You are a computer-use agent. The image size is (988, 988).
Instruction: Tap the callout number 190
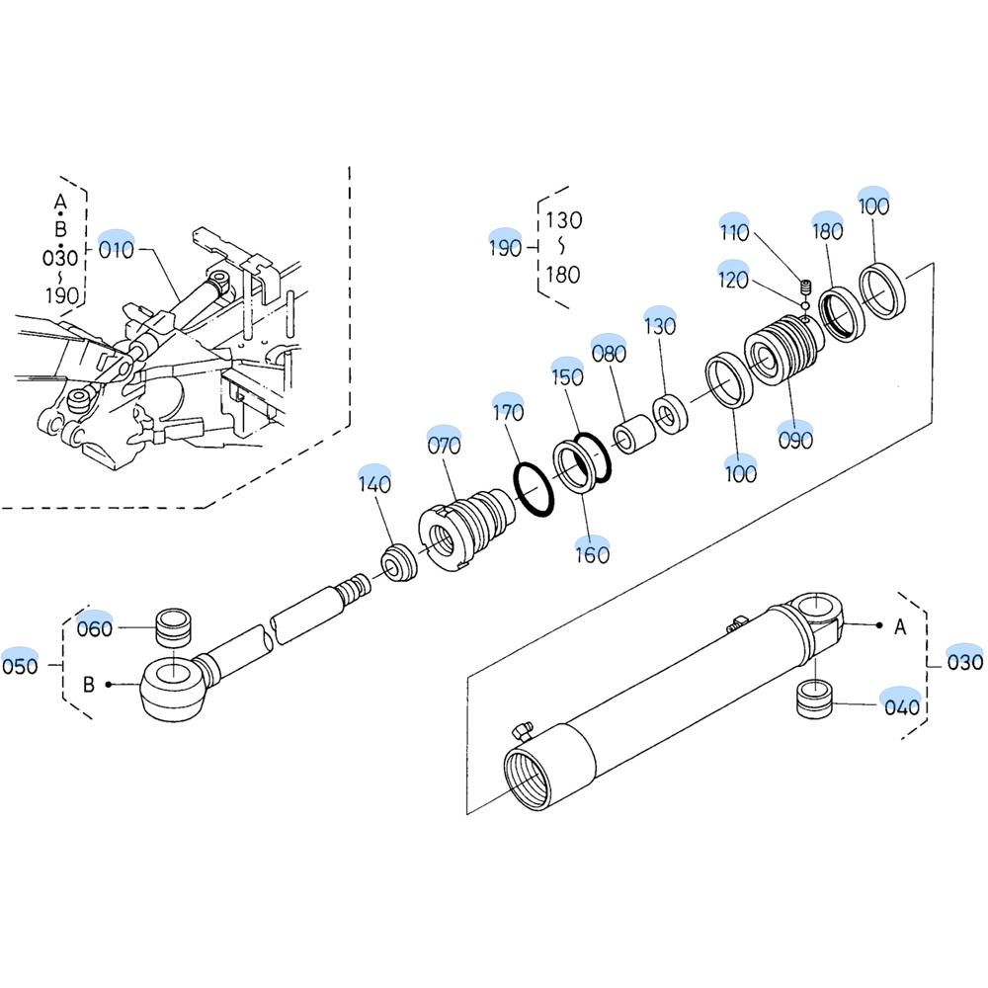coord(505,247)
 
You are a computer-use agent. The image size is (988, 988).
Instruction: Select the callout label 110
coord(734,232)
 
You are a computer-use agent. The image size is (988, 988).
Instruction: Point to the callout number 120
coord(734,281)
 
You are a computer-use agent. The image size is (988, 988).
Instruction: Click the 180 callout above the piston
coord(827,231)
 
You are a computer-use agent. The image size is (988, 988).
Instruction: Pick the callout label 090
coord(795,440)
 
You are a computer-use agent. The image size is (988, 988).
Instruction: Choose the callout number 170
coord(508,411)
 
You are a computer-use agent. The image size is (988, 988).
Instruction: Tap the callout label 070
coord(444,446)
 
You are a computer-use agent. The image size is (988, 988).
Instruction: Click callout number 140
coord(374,483)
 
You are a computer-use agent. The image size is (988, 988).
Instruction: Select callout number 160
coord(592,554)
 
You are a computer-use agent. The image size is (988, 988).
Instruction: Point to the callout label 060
coord(95,628)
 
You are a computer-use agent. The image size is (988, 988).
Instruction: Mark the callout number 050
coord(20,665)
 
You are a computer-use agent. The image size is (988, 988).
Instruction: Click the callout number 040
coord(901,706)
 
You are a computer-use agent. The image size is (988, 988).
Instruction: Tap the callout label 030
coord(965,662)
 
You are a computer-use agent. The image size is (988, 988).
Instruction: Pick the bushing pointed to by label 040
coord(816,700)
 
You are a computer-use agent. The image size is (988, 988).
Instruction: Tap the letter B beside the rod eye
coord(88,684)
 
